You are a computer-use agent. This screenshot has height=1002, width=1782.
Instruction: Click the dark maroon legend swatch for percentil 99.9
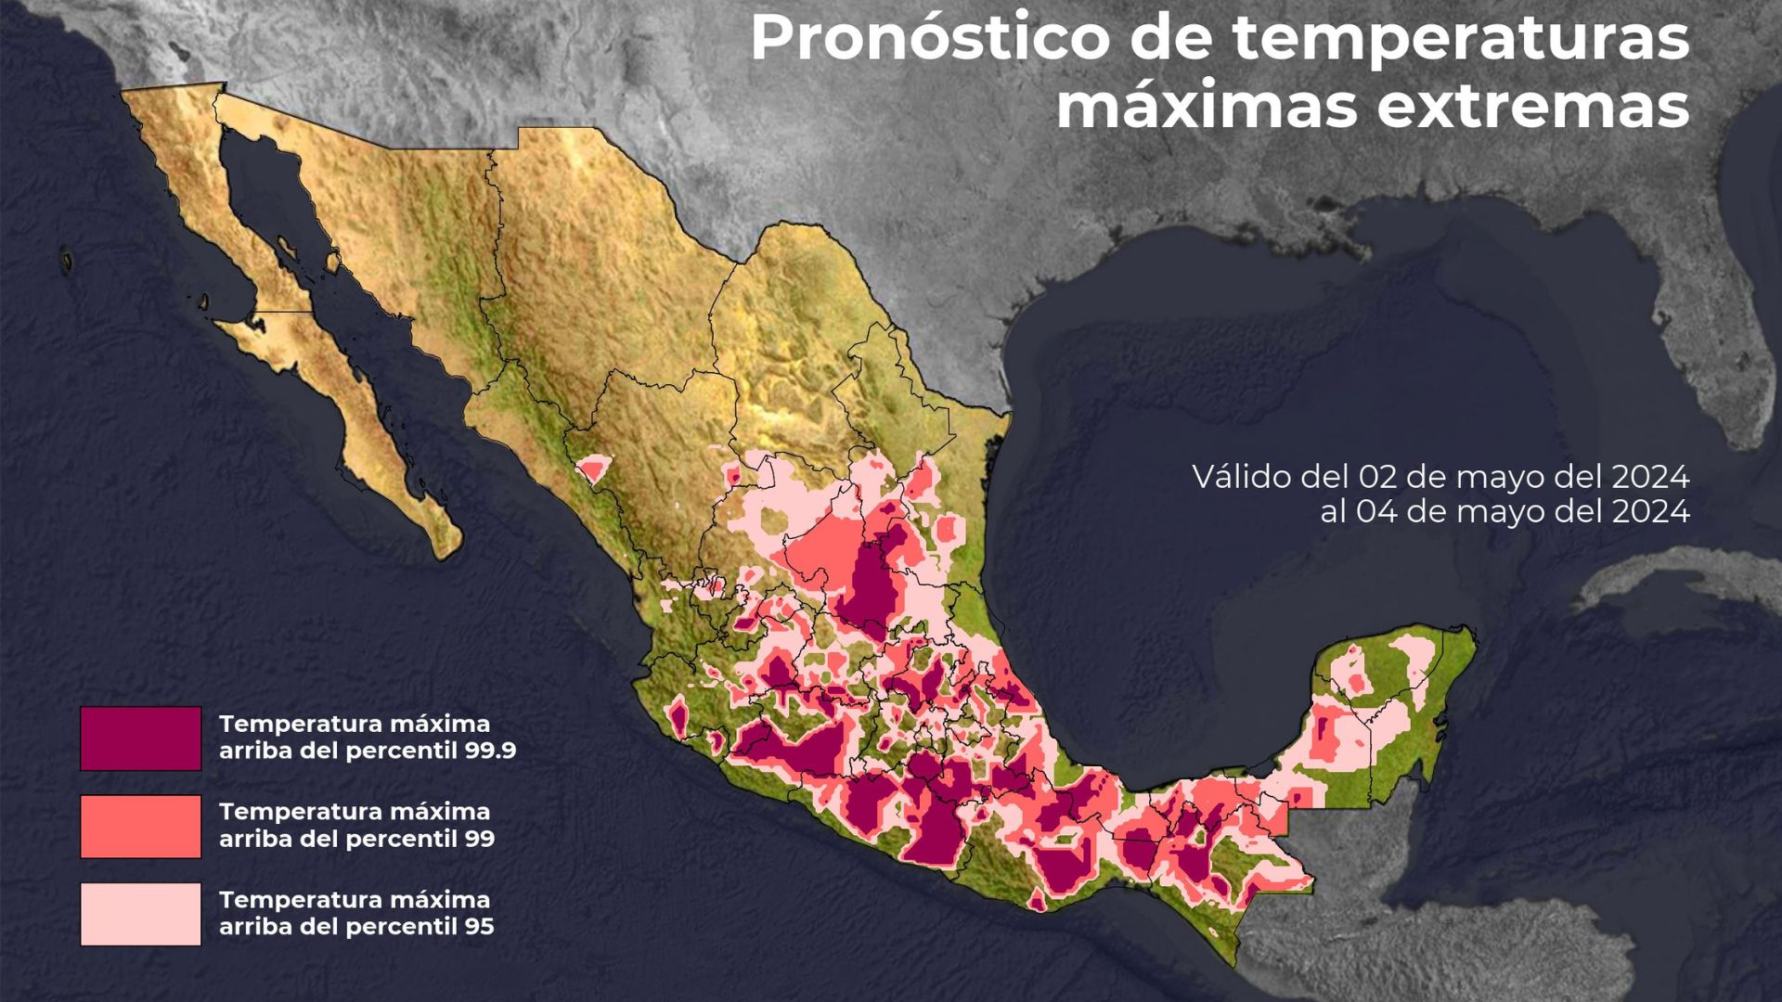(x=140, y=739)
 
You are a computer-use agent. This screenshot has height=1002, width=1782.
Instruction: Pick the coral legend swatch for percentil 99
(x=140, y=826)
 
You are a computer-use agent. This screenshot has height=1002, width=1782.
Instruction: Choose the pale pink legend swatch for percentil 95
(x=140, y=914)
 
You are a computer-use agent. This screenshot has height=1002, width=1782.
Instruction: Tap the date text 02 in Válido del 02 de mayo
(x=1378, y=478)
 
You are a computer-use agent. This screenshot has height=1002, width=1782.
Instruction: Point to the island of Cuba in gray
(x=1671, y=580)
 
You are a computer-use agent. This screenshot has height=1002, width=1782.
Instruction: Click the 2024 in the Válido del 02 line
(x=1649, y=478)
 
